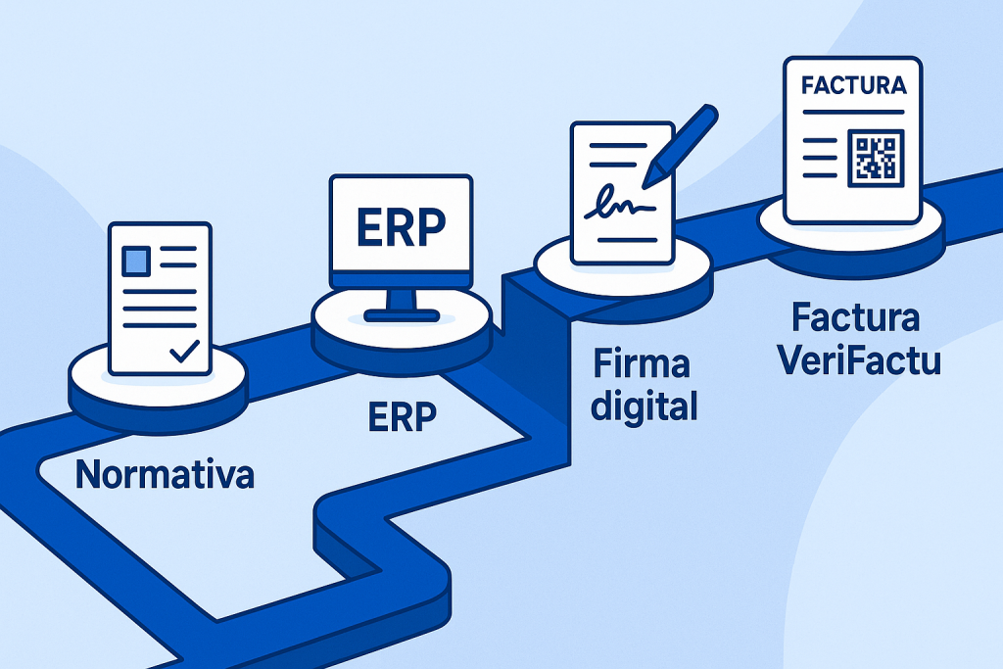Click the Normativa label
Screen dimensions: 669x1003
pyautogui.click(x=165, y=474)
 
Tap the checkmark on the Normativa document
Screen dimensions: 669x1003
pyautogui.click(x=184, y=350)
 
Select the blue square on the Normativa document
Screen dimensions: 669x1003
pyautogui.click(x=135, y=261)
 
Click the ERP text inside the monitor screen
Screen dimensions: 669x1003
pyautogui.click(x=401, y=226)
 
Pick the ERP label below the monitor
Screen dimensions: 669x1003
pyautogui.click(x=402, y=416)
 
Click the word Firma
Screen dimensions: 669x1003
pyautogui.click(x=642, y=364)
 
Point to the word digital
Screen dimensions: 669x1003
pyautogui.click(x=645, y=405)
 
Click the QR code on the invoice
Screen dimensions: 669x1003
pyautogui.click(x=876, y=158)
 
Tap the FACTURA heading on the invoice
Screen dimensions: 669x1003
pyautogui.click(x=852, y=85)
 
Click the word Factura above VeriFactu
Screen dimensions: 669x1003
pyautogui.click(x=856, y=319)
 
